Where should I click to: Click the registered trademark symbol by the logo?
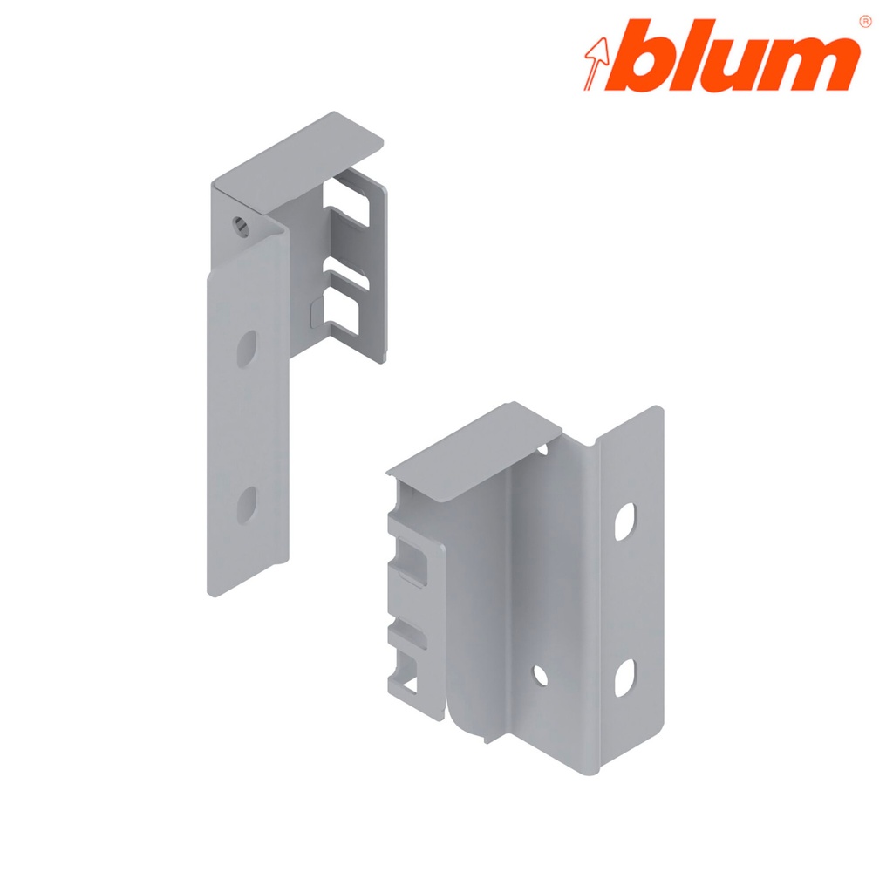point(864,20)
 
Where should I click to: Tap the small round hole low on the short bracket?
point(541,674)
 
